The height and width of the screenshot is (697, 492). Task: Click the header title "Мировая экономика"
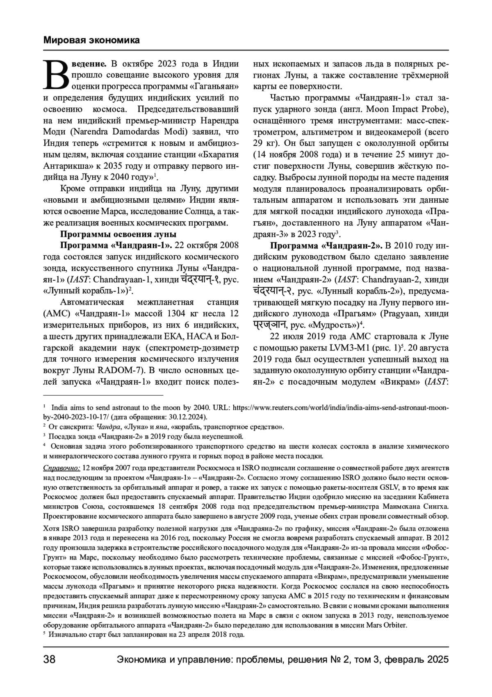click(91, 40)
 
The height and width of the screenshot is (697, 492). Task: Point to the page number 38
click(50, 660)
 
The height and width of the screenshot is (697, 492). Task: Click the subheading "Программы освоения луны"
click(118, 234)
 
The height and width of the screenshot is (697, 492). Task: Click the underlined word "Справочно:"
click(62, 468)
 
